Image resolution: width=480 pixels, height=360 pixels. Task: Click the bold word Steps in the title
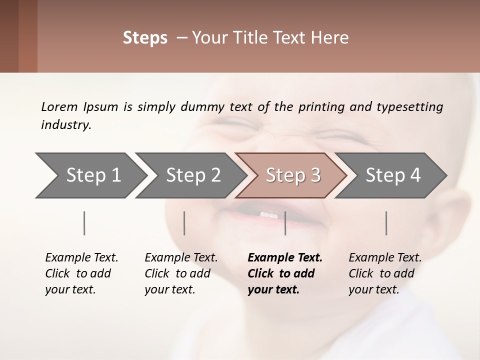(145, 38)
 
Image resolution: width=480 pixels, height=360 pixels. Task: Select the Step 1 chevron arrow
(90, 175)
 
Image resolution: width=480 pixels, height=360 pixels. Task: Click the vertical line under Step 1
(84, 223)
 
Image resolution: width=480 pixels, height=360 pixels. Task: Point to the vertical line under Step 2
(184, 223)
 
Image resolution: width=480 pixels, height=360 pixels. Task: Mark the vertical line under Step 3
(285, 223)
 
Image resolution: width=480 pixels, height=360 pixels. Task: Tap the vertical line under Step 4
(386, 223)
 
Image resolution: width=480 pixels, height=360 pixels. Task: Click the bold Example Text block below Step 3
(285, 273)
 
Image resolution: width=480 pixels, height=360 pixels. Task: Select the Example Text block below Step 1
(81, 273)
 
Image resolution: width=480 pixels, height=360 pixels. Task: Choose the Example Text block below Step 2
(181, 273)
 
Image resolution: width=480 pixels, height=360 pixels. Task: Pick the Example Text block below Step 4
(385, 273)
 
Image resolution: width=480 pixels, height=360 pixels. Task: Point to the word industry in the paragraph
(66, 125)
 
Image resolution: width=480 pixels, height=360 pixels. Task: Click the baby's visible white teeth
(268, 215)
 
